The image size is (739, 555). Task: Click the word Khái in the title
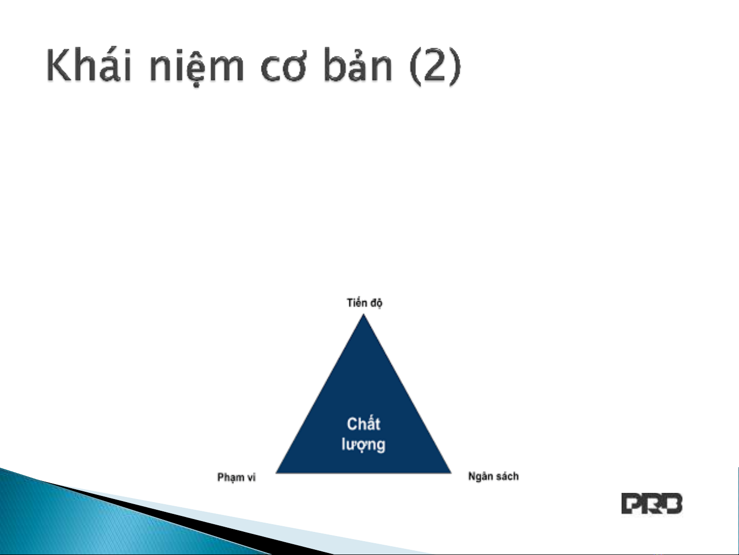(x=89, y=64)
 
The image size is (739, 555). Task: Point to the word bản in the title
(x=358, y=64)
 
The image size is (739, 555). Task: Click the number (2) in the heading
(x=435, y=66)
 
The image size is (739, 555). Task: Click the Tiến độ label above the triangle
(x=365, y=302)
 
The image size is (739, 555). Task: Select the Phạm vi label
(x=236, y=477)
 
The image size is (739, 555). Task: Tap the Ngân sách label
(x=493, y=476)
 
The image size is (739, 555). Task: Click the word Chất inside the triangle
(x=364, y=424)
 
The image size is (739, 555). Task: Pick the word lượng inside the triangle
(x=363, y=445)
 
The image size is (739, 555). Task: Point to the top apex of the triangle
(x=363, y=314)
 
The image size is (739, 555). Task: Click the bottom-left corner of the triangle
(x=276, y=473)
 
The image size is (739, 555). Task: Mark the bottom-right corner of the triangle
(x=451, y=473)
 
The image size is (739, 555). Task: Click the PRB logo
(x=652, y=504)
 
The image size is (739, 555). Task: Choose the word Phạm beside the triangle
(x=231, y=477)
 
